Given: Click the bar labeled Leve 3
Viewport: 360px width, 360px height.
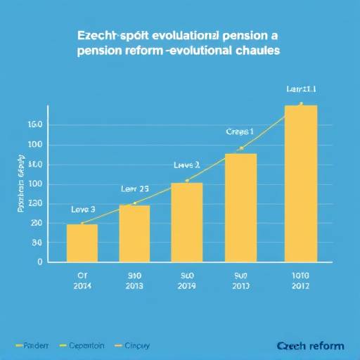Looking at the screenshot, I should tap(82, 243).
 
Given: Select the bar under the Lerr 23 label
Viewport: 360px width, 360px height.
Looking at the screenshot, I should tap(134, 233).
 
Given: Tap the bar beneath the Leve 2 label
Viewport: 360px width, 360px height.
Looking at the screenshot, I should tap(187, 221).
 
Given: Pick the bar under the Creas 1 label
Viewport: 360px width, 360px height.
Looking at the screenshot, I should tap(240, 207).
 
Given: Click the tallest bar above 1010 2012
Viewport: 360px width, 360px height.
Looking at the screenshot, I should tap(301, 184).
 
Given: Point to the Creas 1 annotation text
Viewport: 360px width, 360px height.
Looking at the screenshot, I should tap(239, 131).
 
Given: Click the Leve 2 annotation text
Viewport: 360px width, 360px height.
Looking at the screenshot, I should tap(186, 165).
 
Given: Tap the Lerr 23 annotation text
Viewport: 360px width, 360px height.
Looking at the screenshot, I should tap(134, 188).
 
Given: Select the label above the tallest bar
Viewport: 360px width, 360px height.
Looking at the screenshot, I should tap(301, 89).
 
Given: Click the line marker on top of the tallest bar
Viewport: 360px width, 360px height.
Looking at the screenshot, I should tap(301, 105).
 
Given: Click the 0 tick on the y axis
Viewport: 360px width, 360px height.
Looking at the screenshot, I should tap(40, 262).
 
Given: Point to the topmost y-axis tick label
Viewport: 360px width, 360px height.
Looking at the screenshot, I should tap(35, 124).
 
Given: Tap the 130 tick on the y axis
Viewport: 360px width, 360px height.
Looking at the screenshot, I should tap(35, 203).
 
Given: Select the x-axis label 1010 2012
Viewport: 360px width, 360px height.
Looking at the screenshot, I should tap(301, 281).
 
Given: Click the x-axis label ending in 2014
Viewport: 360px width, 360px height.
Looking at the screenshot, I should tap(82, 281).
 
